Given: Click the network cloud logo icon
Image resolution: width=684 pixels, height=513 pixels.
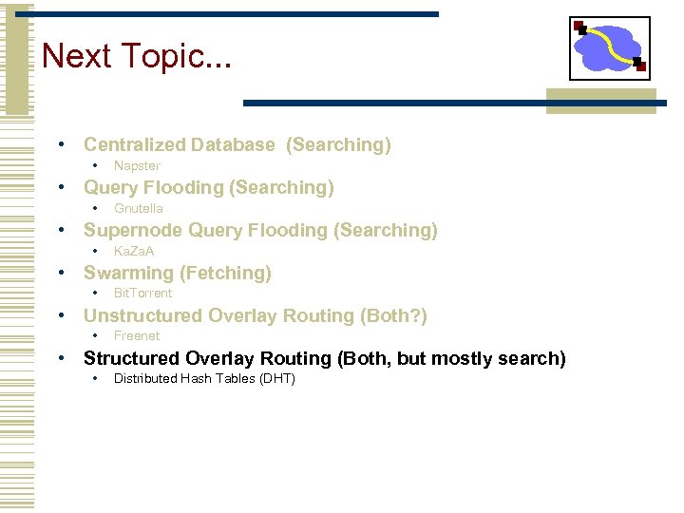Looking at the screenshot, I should pos(610,47).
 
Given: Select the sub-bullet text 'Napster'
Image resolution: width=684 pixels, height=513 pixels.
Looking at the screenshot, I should pos(137,165).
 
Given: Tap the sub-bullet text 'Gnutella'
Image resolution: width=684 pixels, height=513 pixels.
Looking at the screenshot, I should pos(139,208).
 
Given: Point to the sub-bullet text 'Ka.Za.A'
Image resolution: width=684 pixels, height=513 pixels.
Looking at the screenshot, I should pos(134,251).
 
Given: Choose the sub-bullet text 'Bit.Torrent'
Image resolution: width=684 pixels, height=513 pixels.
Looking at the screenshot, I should pos(142,293).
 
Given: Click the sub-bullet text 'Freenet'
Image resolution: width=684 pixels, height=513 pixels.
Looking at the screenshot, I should pos(137,335).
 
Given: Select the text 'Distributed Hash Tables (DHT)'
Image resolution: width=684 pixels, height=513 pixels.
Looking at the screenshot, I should pos(204,378).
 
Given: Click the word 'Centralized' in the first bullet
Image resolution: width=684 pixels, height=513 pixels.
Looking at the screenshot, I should pos(134,144).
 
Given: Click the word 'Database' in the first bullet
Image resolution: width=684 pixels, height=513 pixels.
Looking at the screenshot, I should pos(233,144).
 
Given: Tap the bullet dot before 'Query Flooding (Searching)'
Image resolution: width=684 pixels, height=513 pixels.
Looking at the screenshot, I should pos(61,187).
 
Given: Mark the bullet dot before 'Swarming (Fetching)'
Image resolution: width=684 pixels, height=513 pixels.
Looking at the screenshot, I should pos(61,273).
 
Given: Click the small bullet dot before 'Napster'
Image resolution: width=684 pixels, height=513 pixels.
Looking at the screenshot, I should pos(94,165).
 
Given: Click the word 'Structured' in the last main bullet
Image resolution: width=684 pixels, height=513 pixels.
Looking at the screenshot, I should pos(131,358).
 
